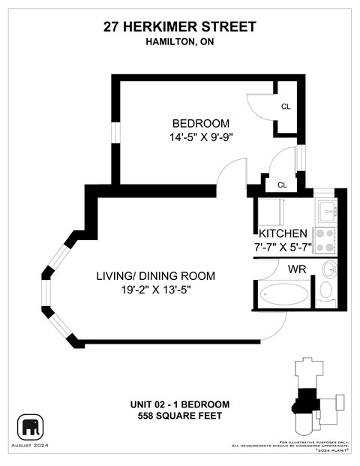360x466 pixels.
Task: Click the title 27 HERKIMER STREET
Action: point(180,27)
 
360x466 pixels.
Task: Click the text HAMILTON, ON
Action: point(180,42)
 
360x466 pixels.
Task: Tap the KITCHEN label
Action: point(283,233)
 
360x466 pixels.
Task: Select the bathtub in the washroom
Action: point(283,294)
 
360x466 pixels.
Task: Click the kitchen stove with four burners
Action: point(325,239)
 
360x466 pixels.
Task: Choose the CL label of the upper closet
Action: point(286,107)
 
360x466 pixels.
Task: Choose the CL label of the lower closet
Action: point(282,185)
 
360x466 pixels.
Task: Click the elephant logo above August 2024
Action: point(32,428)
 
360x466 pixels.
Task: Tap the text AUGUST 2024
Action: point(32,446)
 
